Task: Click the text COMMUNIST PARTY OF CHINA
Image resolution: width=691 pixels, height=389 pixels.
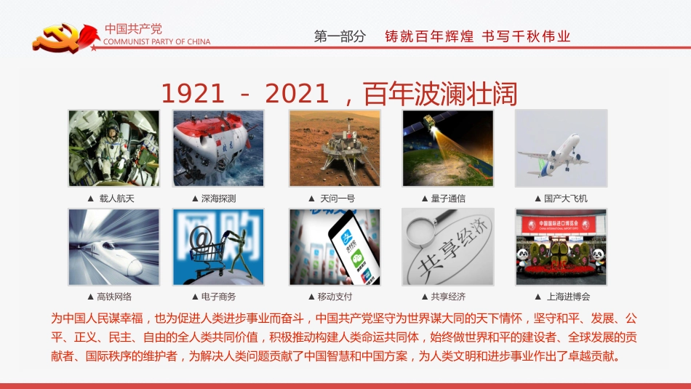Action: coord(157,42)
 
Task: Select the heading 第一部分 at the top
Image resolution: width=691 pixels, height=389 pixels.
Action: coord(340,36)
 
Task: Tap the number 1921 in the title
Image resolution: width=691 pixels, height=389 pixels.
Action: coord(193,93)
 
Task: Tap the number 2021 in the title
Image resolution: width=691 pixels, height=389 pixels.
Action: coord(299,93)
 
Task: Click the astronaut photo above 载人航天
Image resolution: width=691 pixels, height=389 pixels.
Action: coord(113,148)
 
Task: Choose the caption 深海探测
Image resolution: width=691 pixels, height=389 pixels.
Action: coord(218,198)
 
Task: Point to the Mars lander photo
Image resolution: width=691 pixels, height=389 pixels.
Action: coord(335,148)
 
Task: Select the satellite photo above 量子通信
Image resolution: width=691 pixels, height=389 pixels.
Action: coord(448,148)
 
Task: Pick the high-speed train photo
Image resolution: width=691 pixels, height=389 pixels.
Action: coord(113,246)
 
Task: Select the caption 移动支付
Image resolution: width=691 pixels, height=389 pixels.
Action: coord(335,297)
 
